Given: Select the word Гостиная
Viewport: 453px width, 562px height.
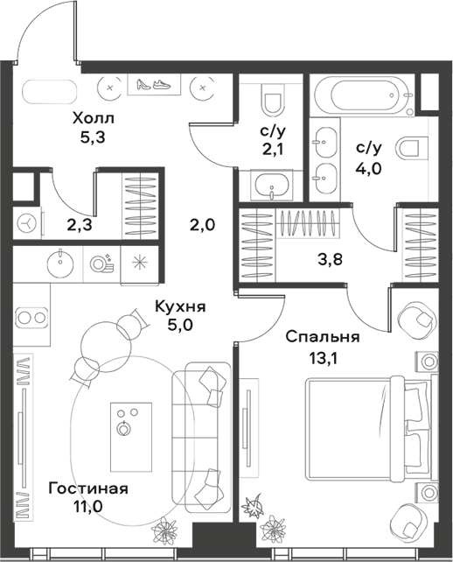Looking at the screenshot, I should pyautogui.click(x=88, y=488).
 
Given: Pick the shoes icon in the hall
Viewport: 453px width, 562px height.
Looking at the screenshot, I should pyautogui.click(x=154, y=85).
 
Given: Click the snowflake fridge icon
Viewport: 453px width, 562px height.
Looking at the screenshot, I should pyautogui.click(x=138, y=262).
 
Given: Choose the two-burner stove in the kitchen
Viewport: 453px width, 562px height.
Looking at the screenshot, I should pyautogui.click(x=31, y=316).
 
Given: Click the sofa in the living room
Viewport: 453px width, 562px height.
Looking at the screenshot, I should pyautogui.click(x=200, y=433).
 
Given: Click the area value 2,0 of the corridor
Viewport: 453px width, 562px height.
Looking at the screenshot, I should pyautogui.click(x=202, y=225).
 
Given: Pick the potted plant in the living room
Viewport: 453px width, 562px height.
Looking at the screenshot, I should pyautogui.click(x=164, y=529).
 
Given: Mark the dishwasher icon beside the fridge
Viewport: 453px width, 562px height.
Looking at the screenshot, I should pyautogui.click(x=100, y=262).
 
